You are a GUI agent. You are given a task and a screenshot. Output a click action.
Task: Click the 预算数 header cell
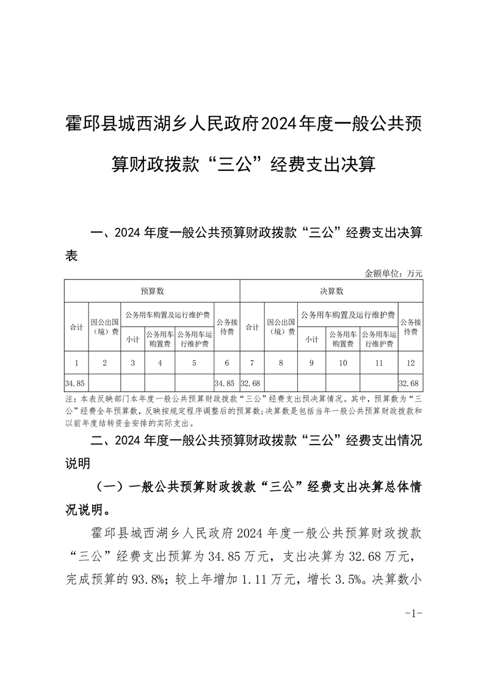(x=152, y=291)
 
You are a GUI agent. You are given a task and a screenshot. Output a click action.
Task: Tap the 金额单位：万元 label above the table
(x=393, y=274)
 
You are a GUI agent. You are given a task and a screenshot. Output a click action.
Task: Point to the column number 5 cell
(x=194, y=363)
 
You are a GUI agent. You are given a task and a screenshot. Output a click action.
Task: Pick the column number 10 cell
(x=342, y=363)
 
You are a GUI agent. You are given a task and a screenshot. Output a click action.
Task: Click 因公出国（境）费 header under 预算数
(x=105, y=327)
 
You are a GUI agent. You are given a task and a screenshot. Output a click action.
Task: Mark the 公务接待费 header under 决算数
(x=410, y=327)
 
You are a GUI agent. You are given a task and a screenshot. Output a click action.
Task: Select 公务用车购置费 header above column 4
(x=159, y=339)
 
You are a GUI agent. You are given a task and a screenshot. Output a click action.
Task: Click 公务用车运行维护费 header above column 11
(x=378, y=339)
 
